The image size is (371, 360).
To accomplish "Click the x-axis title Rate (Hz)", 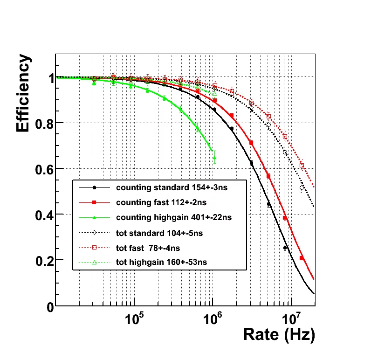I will pos(279,334).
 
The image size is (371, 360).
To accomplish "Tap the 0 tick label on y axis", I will pos(49,306).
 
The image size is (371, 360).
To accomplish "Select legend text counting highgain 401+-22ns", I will pos(173,217).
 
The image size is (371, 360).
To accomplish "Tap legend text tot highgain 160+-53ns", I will pos(161,263).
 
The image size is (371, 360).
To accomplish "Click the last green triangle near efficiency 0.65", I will pos(214,158).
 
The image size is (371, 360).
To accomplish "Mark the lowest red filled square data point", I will pos(302,258).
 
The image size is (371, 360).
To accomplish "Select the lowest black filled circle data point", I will pos(285,248).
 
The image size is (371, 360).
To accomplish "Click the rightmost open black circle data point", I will pos(302,188).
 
